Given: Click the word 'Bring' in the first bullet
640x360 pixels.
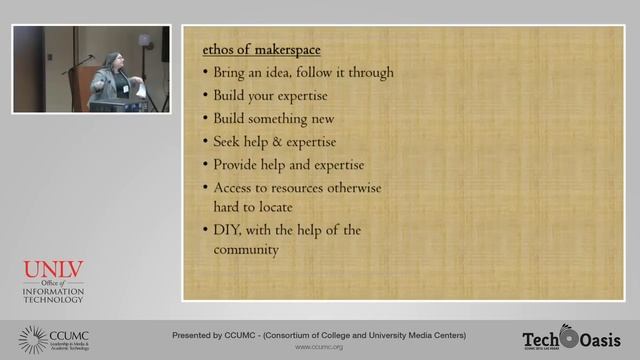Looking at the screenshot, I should click(x=232, y=72).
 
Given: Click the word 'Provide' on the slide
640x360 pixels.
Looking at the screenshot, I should click(x=239, y=164).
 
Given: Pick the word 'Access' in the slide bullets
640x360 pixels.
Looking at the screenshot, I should click(x=235, y=187).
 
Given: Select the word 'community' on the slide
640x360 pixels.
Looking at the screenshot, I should click(x=246, y=250).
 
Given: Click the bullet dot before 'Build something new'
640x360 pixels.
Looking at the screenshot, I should click(x=204, y=119).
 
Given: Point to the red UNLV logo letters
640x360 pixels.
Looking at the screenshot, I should click(x=53, y=271).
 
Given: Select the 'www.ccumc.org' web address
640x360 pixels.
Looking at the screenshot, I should click(x=319, y=348).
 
